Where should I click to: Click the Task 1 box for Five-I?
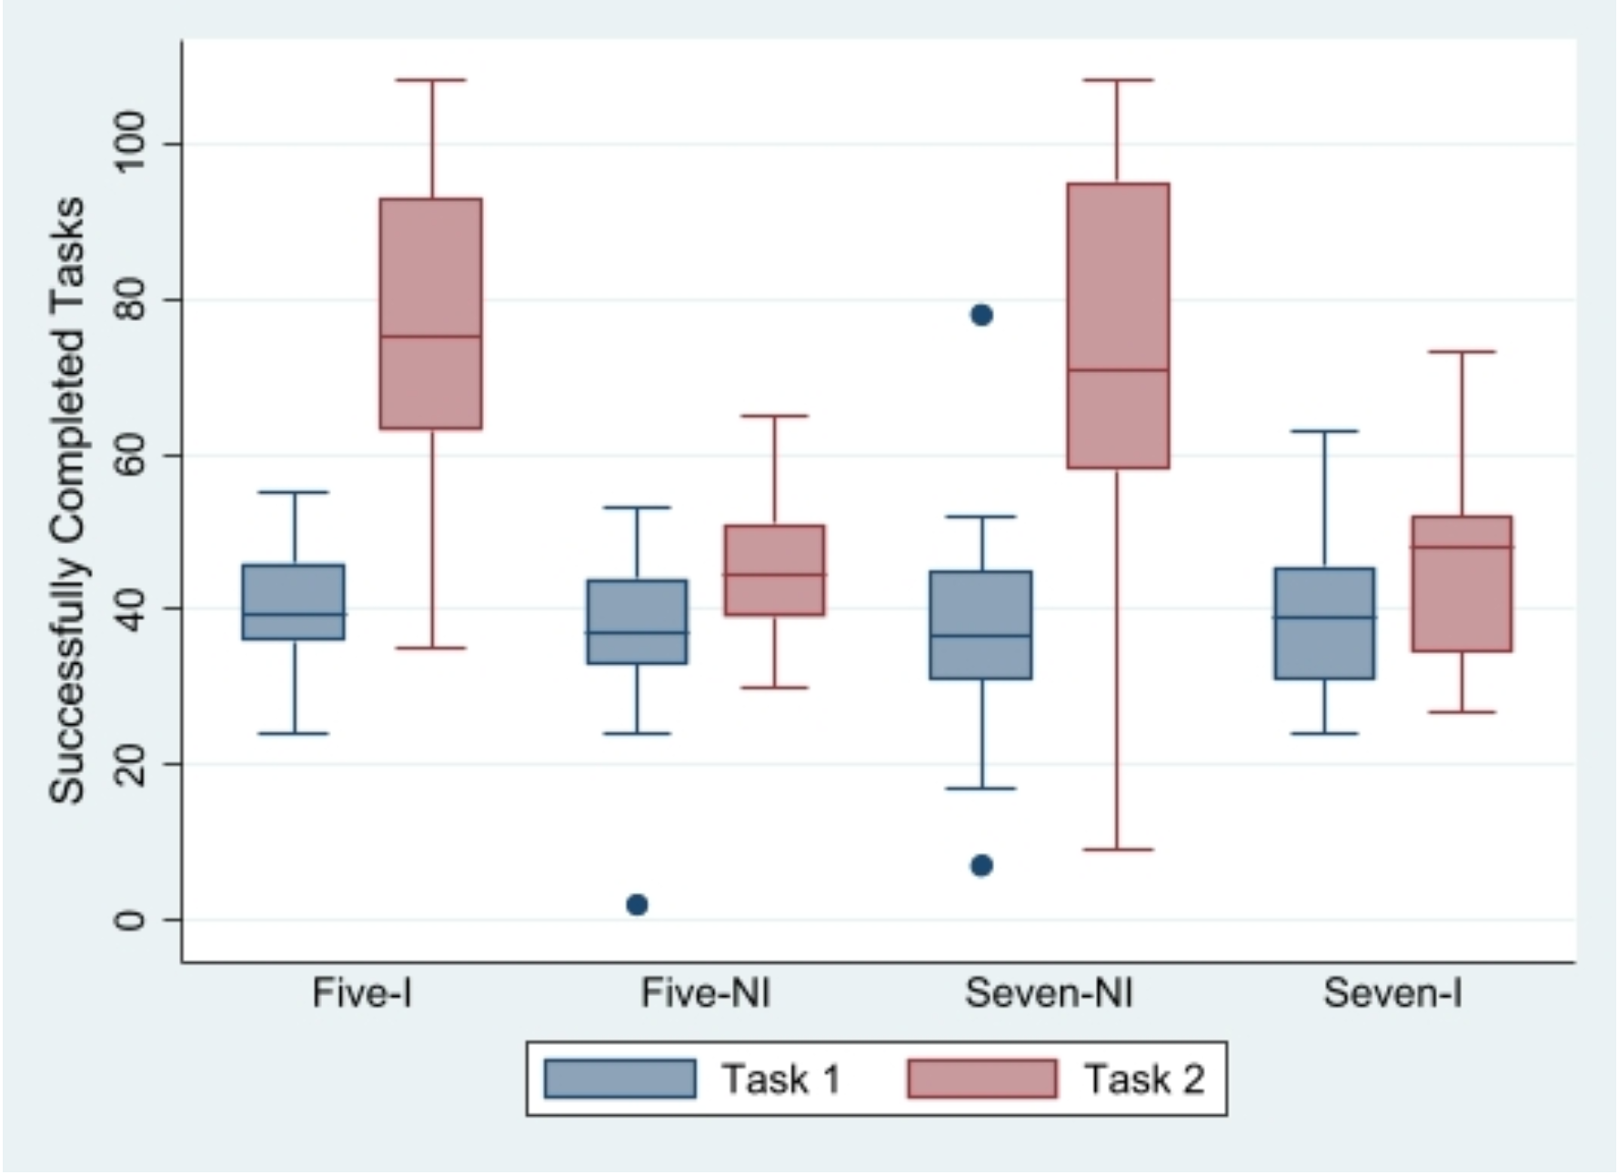pos(293,602)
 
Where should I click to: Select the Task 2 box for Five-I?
pos(430,314)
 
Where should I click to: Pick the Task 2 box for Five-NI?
pos(774,570)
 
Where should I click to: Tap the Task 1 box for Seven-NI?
pos(980,625)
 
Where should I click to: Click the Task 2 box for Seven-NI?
pos(1118,326)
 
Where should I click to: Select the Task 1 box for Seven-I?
pos(1324,623)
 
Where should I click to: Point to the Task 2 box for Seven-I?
pos(1462,584)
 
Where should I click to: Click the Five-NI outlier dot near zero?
pos(637,905)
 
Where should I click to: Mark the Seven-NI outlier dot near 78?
pos(981,316)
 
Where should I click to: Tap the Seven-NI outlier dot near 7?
pos(981,866)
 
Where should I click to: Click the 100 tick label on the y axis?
pos(130,143)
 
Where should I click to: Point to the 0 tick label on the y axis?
pos(130,920)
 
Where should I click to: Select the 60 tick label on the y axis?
pos(130,454)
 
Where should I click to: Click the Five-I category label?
pos(362,993)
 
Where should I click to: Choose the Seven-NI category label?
pos(1049,993)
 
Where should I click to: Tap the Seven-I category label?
pos(1393,993)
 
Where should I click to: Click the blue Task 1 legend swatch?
pos(620,1079)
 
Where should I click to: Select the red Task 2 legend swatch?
pos(982,1079)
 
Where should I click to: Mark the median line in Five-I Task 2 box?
pos(430,336)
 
